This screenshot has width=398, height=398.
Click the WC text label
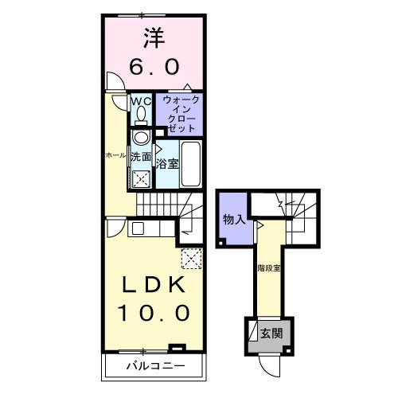pos(140,101)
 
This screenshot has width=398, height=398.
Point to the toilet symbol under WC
pos(141,115)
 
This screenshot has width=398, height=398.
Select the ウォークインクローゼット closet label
pos(179,114)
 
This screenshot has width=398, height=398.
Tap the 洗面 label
pos(141,157)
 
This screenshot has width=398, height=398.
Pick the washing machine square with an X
pos(142,178)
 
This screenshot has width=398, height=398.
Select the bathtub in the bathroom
pos(191,156)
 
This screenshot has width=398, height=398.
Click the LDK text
pos(152,285)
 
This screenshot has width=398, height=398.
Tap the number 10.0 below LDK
pos(154,312)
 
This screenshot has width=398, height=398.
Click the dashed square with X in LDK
pos(191,258)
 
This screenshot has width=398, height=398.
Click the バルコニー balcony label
pos(156,367)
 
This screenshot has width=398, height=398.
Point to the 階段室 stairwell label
pos(269,267)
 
